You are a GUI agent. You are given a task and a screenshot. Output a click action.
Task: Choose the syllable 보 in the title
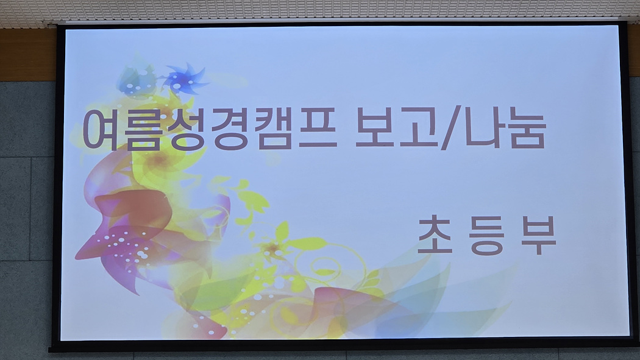coord(375,127)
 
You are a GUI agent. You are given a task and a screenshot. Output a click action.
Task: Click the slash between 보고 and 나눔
coord(452,127)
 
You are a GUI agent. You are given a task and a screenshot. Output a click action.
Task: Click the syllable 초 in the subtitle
coord(435,235)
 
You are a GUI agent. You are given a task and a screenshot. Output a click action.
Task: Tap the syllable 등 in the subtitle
coord(486,236)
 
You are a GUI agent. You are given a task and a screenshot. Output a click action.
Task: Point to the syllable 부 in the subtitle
coord(538,236)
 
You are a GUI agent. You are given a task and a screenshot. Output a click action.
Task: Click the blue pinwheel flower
coord(185,79)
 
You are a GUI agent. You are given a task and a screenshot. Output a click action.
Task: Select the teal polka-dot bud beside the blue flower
coord(136,82)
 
